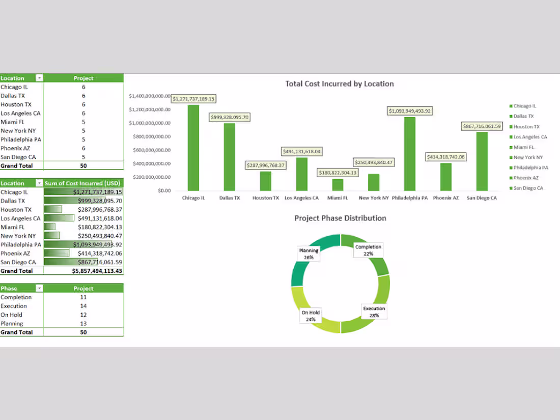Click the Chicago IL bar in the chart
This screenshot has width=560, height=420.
pyautogui.click(x=193, y=148)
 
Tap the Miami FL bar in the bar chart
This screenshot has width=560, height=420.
pyautogui.click(x=338, y=184)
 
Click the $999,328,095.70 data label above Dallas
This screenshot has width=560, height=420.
pyautogui.click(x=230, y=117)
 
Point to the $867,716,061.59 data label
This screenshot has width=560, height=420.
pyautogui.click(x=482, y=126)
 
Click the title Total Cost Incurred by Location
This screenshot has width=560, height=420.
pyautogui.click(x=340, y=83)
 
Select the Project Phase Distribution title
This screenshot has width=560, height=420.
pyautogui.click(x=340, y=218)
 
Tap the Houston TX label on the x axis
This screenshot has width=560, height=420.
pyautogui.click(x=266, y=198)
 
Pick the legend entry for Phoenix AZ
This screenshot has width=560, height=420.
pyautogui.click(x=526, y=178)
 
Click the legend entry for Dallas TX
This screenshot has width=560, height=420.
pyautogui.click(x=523, y=117)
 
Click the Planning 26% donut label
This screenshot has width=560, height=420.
pyautogui.click(x=309, y=254)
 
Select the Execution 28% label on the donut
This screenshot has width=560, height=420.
pyautogui.click(x=374, y=312)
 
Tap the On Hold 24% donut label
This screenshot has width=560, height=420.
pyautogui.click(x=311, y=316)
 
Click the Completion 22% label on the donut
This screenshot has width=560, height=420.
pyautogui.click(x=368, y=250)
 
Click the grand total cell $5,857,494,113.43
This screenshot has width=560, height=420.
pyautogui.click(x=97, y=271)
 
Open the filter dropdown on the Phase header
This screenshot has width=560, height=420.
pyautogui.click(x=39, y=289)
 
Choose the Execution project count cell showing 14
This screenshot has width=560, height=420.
pyautogui.click(x=83, y=306)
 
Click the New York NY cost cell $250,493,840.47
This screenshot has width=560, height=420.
pyautogui.click(x=100, y=236)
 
